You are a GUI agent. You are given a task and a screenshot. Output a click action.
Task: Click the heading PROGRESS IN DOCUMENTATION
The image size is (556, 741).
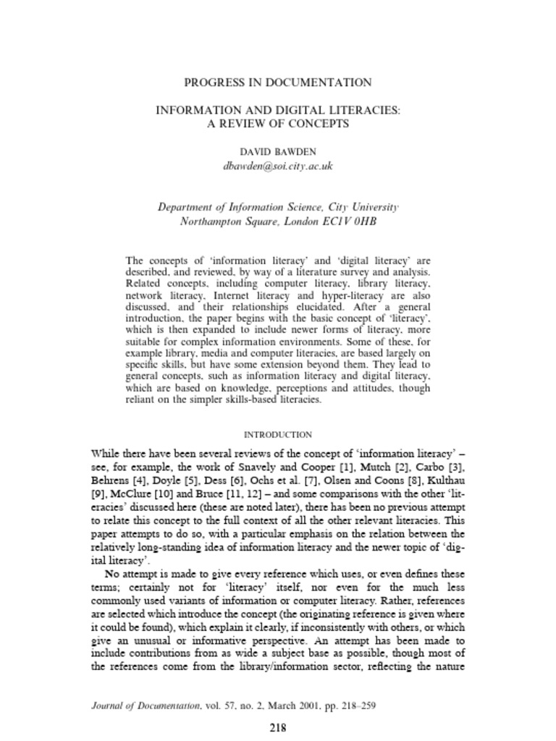click(x=278, y=82)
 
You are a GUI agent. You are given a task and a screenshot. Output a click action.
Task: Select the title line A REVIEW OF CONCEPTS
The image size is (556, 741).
click(x=278, y=124)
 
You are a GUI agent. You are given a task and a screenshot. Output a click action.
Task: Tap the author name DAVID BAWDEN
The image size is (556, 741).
click(x=278, y=151)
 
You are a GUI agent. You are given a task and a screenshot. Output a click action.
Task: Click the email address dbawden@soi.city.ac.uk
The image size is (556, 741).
click(x=278, y=166)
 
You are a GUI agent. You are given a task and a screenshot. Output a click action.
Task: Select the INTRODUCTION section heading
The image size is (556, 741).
click(x=278, y=435)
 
